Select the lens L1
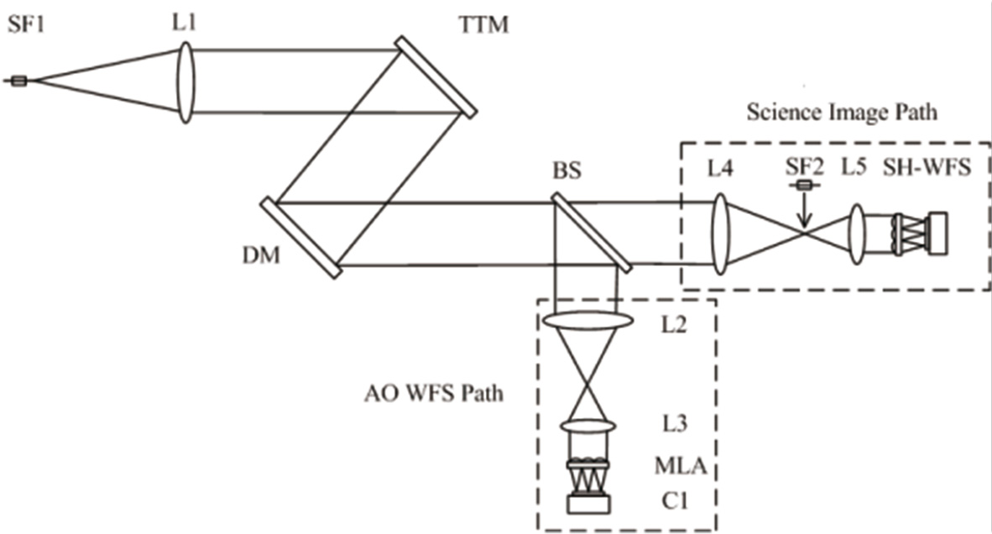[x=186, y=80]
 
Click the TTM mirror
[x=436, y=76]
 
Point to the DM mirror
[x=300, y=238]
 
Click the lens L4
[x=720, y=235]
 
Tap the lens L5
[x=857, y=234]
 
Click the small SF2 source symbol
[x=804, y=185]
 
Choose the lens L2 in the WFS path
[x=587, y=321]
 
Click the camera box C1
[x=587, y=504]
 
